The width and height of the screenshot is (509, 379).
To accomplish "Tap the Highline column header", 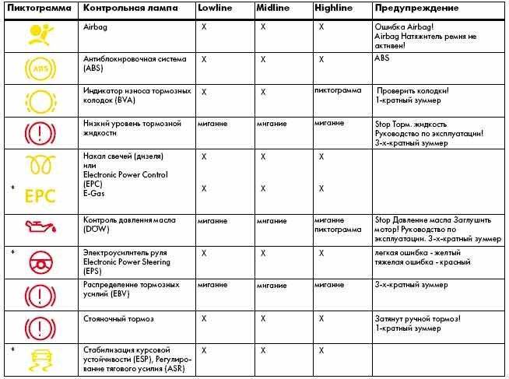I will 332,8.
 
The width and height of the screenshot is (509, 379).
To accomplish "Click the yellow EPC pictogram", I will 40,194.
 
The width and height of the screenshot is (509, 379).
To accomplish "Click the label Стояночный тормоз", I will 118,319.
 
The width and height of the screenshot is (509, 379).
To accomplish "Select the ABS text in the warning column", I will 382,59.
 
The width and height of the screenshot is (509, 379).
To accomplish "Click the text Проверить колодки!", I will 413,91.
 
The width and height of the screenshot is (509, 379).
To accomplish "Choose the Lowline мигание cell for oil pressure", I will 212,221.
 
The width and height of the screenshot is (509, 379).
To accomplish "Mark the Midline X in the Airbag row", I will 263,26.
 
